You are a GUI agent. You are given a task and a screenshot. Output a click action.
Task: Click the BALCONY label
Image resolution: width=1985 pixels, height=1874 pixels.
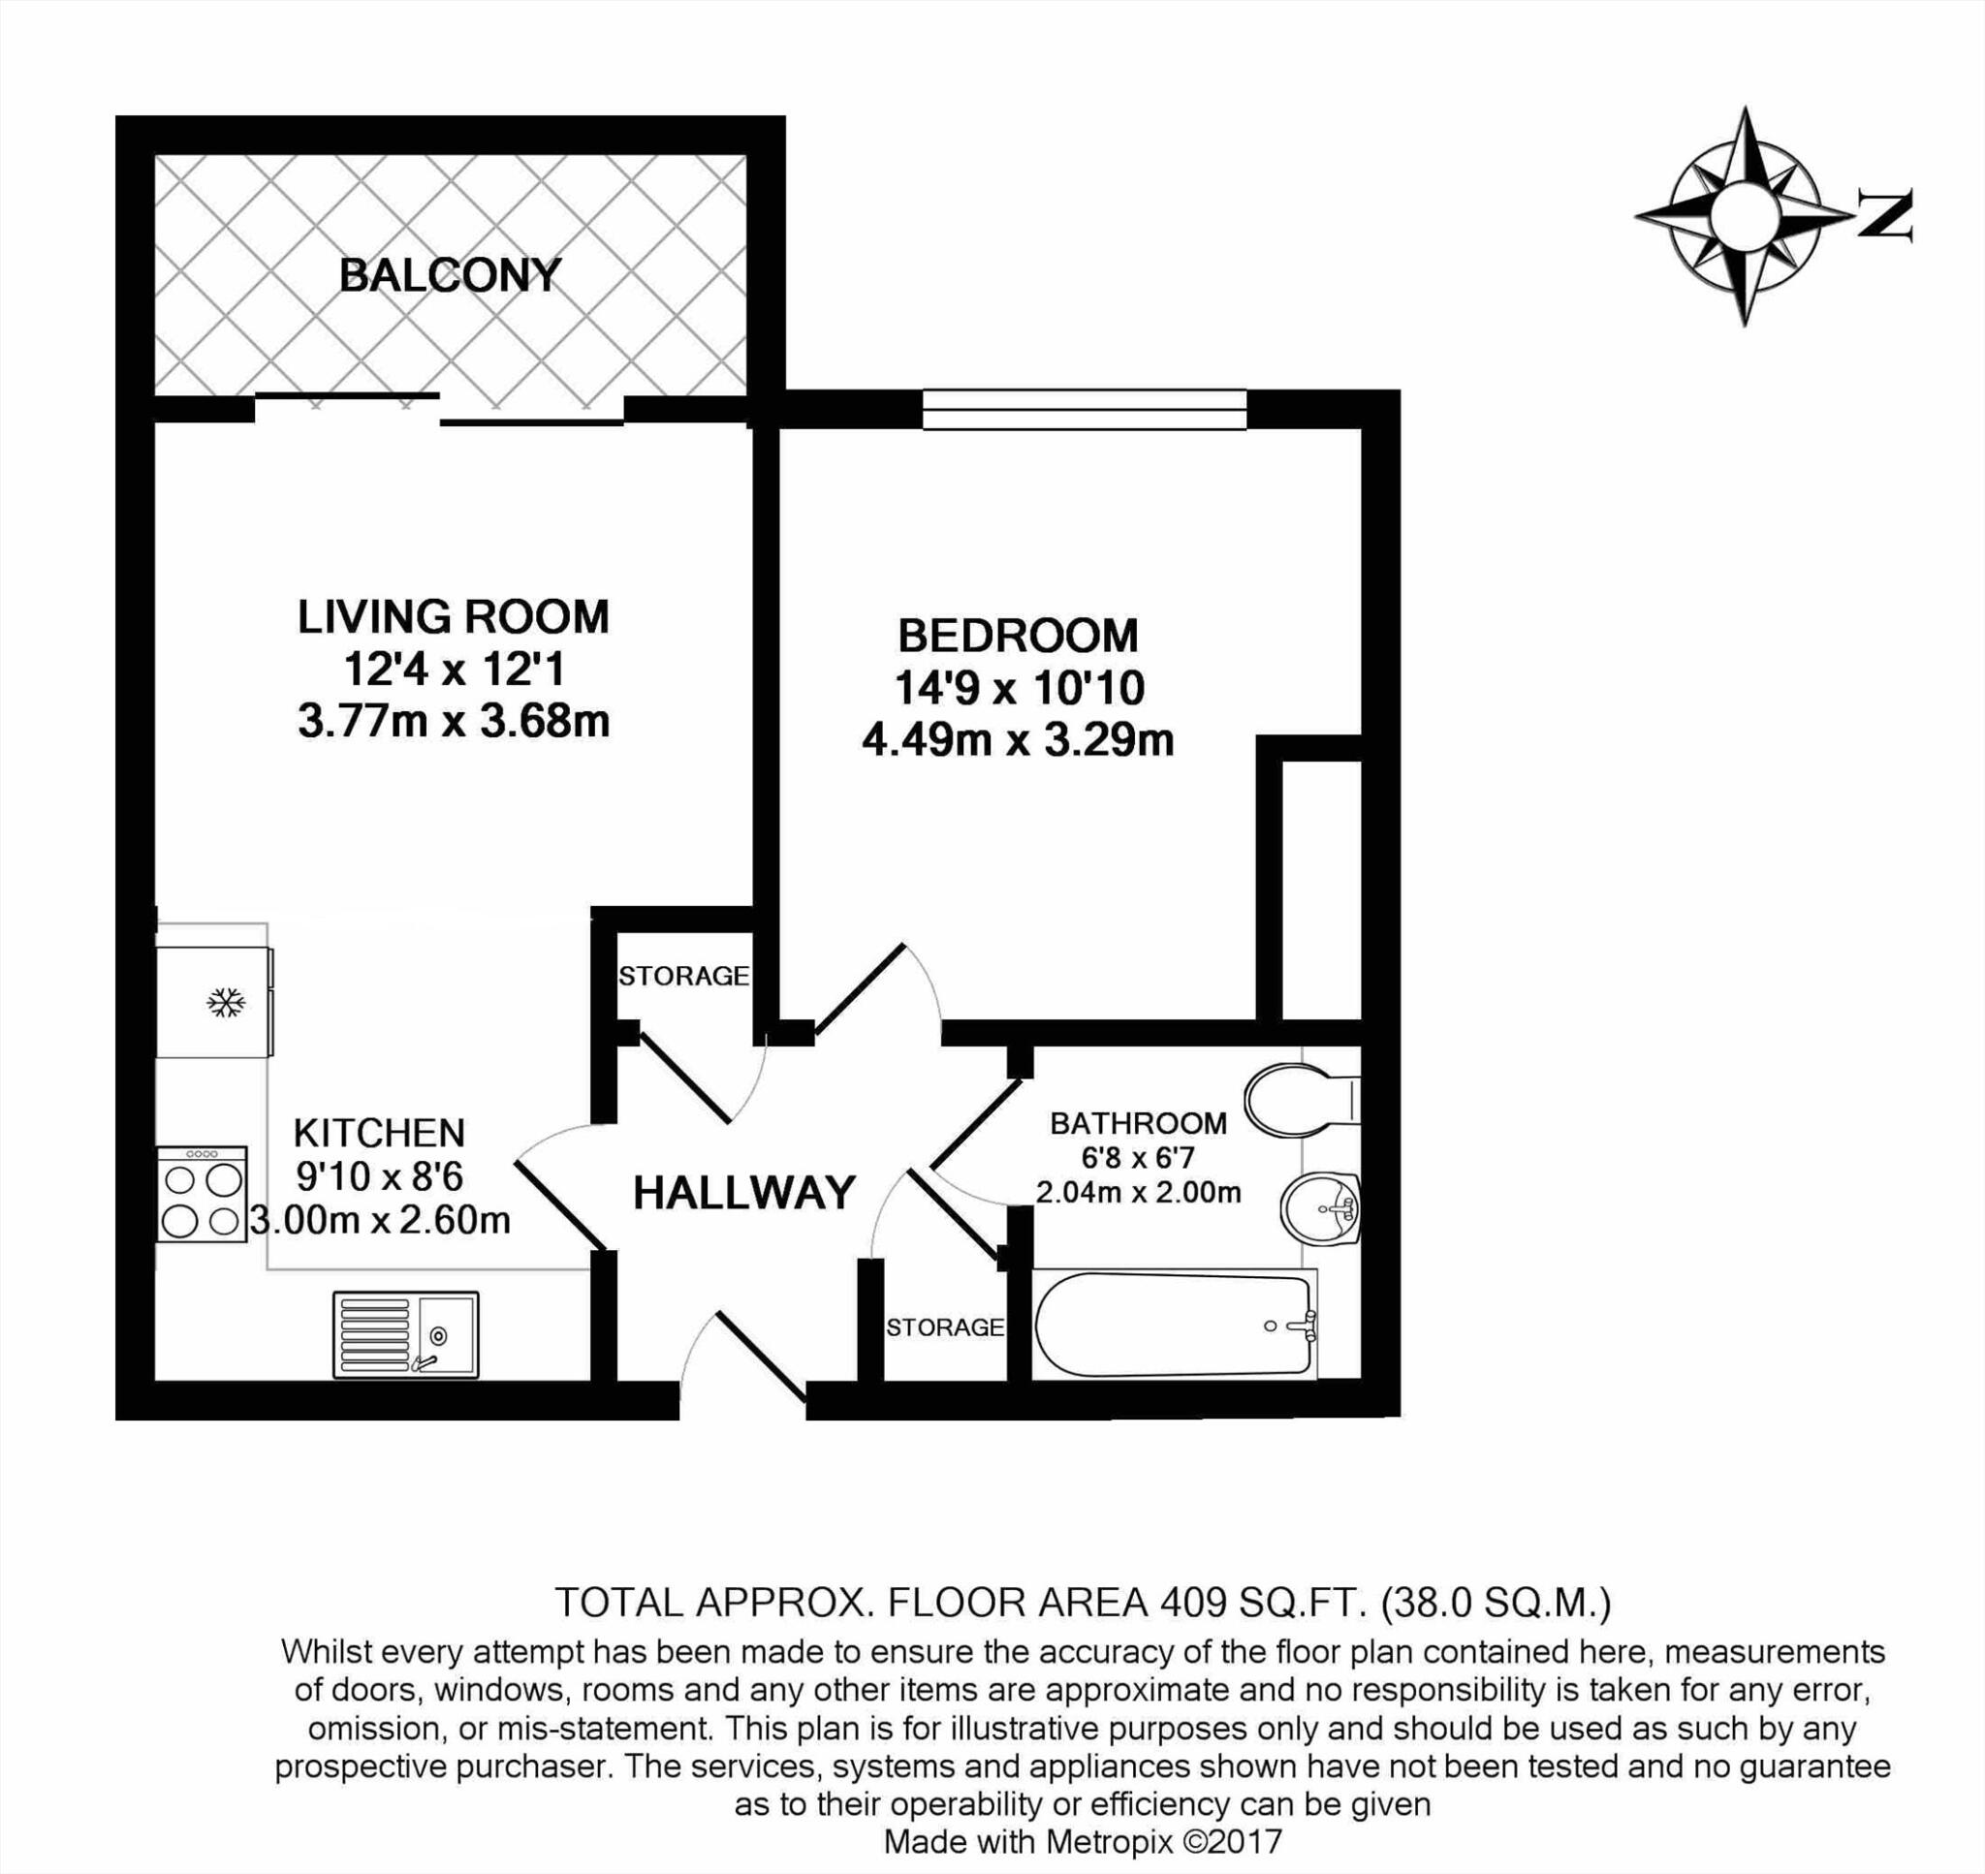(x=451, y=276)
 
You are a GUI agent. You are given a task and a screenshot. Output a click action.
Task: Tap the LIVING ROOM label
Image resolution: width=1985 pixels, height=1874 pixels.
(x=453, y=616)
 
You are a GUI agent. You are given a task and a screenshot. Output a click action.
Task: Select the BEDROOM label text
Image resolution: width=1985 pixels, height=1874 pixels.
(x=1018, y=636)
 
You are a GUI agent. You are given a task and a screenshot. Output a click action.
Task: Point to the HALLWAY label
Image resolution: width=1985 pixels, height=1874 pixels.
(x=744, y=1193)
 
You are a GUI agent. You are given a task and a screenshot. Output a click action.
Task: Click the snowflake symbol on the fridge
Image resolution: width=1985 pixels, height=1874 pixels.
(x=227, y=1002)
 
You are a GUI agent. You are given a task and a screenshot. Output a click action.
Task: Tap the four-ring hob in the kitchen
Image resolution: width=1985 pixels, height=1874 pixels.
(x=202, y=1195)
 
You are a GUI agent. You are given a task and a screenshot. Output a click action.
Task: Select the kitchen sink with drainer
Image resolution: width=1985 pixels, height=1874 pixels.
(x=405, y=1334)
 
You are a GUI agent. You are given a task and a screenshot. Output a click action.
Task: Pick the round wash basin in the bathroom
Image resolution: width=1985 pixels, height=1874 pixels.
(x=1319, y=1208)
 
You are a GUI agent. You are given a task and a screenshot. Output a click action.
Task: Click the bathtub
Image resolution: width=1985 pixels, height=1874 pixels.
(x=1175, y=1325)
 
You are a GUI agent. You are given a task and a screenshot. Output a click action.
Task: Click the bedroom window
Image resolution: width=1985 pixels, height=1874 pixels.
(x=1084, y=410)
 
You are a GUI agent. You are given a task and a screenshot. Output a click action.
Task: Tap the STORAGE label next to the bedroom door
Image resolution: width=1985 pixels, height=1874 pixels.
(x=683, y=976)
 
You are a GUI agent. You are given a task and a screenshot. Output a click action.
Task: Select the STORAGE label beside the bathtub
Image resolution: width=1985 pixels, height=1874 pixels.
(x=945, y=1327)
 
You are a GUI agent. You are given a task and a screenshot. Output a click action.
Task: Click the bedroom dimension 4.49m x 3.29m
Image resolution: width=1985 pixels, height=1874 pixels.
(x=1017, y=741)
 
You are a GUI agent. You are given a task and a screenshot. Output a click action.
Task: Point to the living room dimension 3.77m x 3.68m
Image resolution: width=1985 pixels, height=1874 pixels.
(x=454, y=721)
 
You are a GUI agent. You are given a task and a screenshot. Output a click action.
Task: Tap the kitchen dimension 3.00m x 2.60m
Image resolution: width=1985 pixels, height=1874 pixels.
(x=381, y=1220)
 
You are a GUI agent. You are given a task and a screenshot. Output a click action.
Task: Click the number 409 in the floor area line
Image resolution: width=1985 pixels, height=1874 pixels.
(x=1193, y=1603)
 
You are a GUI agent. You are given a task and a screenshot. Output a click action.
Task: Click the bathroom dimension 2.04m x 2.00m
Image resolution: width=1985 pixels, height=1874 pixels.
(x=1138, y=1192)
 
